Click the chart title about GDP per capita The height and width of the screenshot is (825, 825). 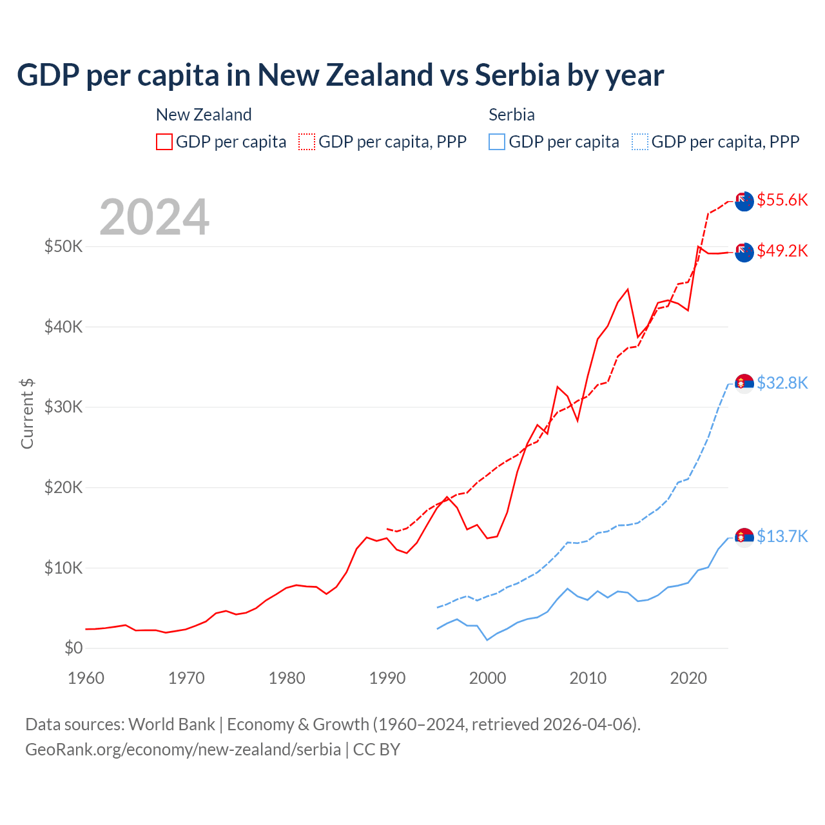click(340, 75)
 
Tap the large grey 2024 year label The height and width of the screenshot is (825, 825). click(155, 217)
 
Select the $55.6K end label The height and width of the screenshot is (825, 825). click(782, 200)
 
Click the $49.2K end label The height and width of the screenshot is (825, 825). click(782, 251)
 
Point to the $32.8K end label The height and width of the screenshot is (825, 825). click(782, 383)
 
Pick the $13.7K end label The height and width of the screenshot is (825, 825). click(782, 536)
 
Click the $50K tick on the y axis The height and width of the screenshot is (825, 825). click(63, 246)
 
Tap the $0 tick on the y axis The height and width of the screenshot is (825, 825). click(73, 648)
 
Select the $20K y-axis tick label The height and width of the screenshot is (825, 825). click(63, 487)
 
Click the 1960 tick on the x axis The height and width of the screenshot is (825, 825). click(86, 678)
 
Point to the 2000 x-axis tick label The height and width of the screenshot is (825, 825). click(488, 678)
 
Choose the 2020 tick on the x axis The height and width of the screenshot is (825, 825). click(688, 678)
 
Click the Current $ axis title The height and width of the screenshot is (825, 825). click(27, 413)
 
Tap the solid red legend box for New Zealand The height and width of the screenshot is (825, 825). click(164, 142)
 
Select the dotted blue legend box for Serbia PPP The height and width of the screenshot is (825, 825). click(640, 142)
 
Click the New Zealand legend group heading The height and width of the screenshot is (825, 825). click(204, 115)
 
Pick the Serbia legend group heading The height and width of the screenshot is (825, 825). click(512, 115)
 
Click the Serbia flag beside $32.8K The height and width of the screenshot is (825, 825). click(744, 383)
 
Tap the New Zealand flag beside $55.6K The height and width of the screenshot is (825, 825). click(744, 201)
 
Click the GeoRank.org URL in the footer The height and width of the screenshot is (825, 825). click(183, 750)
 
